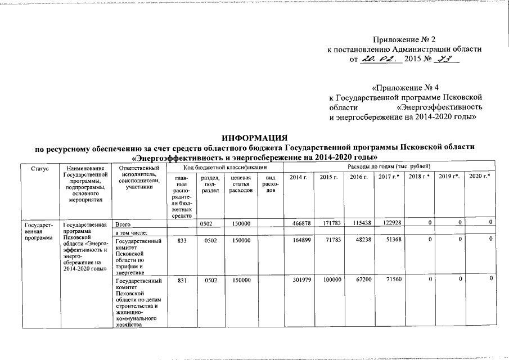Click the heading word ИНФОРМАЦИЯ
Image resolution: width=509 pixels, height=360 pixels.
pyautogui.click(x=254, y=138)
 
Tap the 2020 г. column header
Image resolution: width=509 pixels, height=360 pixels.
pyautogui.click(x=480, y=177)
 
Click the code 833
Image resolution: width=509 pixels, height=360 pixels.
pyautogui.click(x=181, y=240)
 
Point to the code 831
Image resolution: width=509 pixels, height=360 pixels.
pyautogui.click(x=181, y=280)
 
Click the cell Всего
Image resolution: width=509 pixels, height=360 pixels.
pyautogui.click(x=123, y=224)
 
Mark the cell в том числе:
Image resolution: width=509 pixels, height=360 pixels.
pyautogui.click(x=131, y=232)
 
